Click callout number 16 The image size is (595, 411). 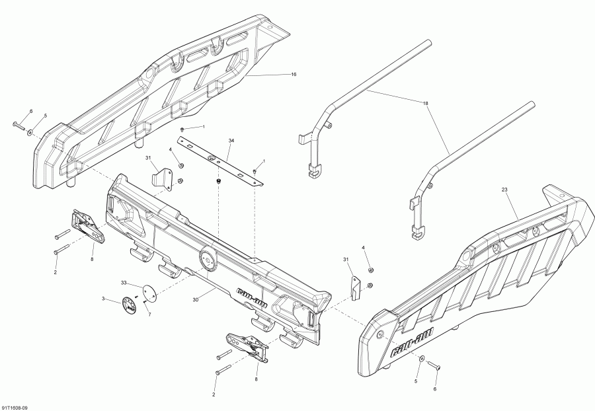(x=294, y=75)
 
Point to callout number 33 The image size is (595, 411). (x=123, y=283)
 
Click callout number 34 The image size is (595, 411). (x=231, y=141)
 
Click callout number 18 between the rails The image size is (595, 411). (x=426, y=104)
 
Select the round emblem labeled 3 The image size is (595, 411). (x=128, y=305)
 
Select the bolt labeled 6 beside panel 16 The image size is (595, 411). (x=18, y=124)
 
